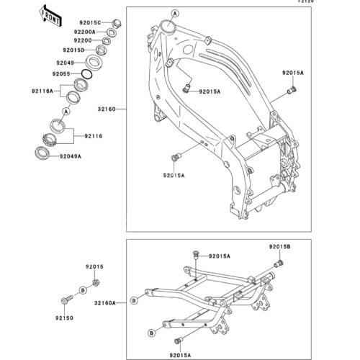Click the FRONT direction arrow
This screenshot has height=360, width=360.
point(50,16)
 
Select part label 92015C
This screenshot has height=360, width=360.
point(90,23)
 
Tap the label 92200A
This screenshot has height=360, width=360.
point(85,32)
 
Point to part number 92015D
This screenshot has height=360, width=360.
point(73,50)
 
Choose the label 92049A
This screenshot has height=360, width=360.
point(71,156)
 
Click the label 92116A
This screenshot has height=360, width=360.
point(42,91)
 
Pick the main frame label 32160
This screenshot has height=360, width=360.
point(107,109)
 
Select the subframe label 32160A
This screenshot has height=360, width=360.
point(105,303)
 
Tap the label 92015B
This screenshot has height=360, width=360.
point(279,246)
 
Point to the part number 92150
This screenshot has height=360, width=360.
point(64,318)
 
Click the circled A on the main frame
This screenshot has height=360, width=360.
point(175,14)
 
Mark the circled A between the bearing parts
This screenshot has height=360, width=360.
point(66,112)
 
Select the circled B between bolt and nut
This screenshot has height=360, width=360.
point(83,290)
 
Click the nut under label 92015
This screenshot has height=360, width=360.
point(96,283)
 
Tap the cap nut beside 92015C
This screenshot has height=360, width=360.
point(117,24)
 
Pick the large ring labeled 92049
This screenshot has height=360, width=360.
point(94,63)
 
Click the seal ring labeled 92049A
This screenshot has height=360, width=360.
point(42,153)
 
